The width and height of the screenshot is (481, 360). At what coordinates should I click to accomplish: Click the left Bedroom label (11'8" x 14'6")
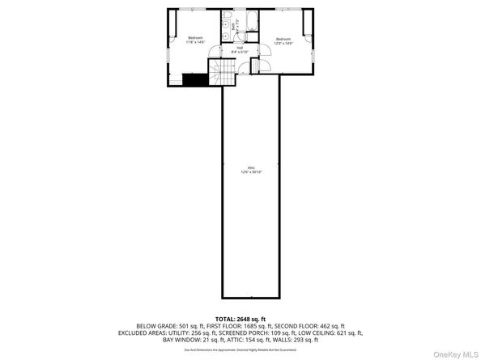click(x=196, y=40)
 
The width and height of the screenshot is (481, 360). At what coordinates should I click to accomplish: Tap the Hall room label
click(x=240, y=50)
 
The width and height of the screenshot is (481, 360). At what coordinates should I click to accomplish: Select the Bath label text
click(x=234, y=27)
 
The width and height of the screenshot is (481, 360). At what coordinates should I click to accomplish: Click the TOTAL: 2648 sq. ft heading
click(x=240, y=319)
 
